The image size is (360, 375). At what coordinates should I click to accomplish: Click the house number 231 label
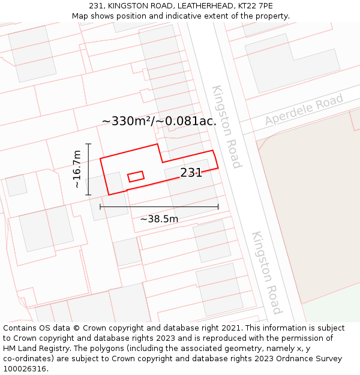point(191,173)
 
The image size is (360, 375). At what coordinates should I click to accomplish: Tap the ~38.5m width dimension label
point(159,219)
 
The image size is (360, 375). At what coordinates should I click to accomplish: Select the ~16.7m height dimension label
point(77,170)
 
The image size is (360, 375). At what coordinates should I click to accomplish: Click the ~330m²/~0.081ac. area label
point(159,121)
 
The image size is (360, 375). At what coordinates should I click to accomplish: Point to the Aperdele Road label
point(304,109)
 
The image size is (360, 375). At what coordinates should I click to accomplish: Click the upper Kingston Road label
point(226,127)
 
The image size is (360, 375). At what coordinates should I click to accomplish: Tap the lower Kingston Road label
point(266,272)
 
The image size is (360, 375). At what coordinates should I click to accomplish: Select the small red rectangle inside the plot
point(136,176)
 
